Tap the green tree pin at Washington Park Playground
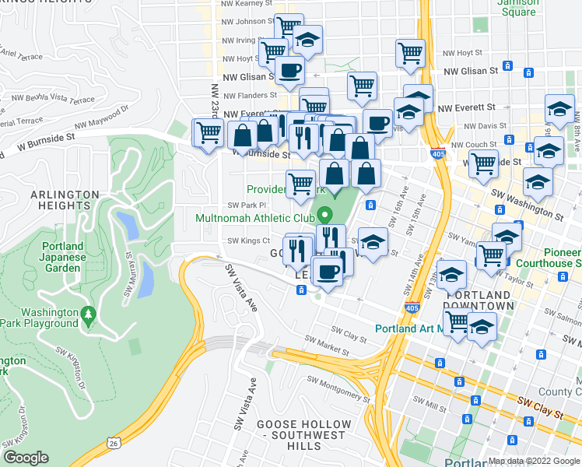point(89,314)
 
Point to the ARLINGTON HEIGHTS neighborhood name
point(65,200)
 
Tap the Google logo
point(26,458)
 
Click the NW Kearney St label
point(247,4)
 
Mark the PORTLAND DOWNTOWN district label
point(478,300)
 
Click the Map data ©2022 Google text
point(534,461)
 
